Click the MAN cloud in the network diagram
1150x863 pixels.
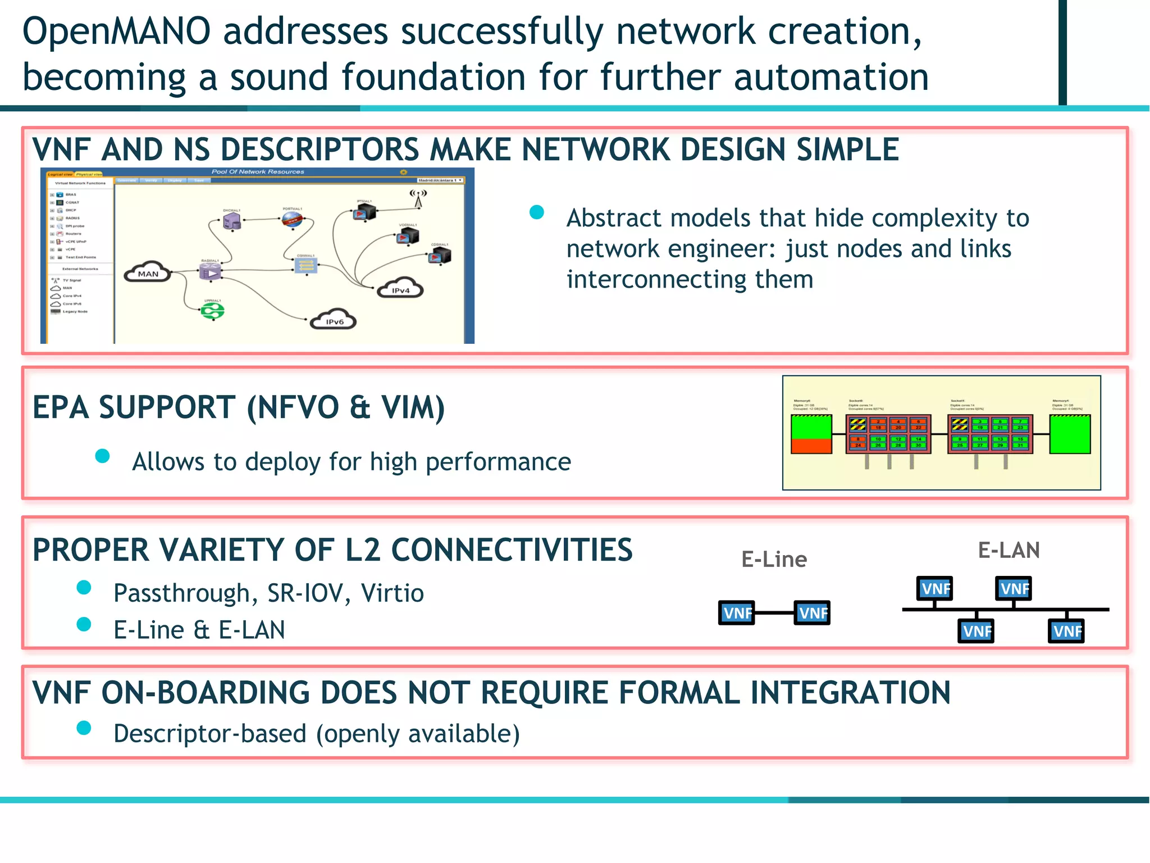coord(148,272)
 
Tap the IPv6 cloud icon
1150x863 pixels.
coord(334,320)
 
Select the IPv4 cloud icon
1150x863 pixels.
coord(400,288)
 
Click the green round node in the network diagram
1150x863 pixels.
coord(213,311)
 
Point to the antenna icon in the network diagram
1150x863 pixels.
coord(418,198)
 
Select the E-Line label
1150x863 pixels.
coord(774,560)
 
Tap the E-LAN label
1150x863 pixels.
coord(1008,550)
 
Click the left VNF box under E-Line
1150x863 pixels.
coord(736,613)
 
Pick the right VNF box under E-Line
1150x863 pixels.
coord(812,613)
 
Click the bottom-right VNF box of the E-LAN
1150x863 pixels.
coord(1066,631)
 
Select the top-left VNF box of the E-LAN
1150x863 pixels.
coord(934,589)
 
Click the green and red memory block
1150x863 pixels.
coord(811,434)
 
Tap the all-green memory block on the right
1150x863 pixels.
coord(1070,434)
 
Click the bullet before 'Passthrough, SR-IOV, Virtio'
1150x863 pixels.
coord(84,588)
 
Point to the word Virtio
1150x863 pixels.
coord(392,593)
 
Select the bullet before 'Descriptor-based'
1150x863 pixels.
coord(84,728)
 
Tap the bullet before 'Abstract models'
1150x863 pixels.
coord(537,212)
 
